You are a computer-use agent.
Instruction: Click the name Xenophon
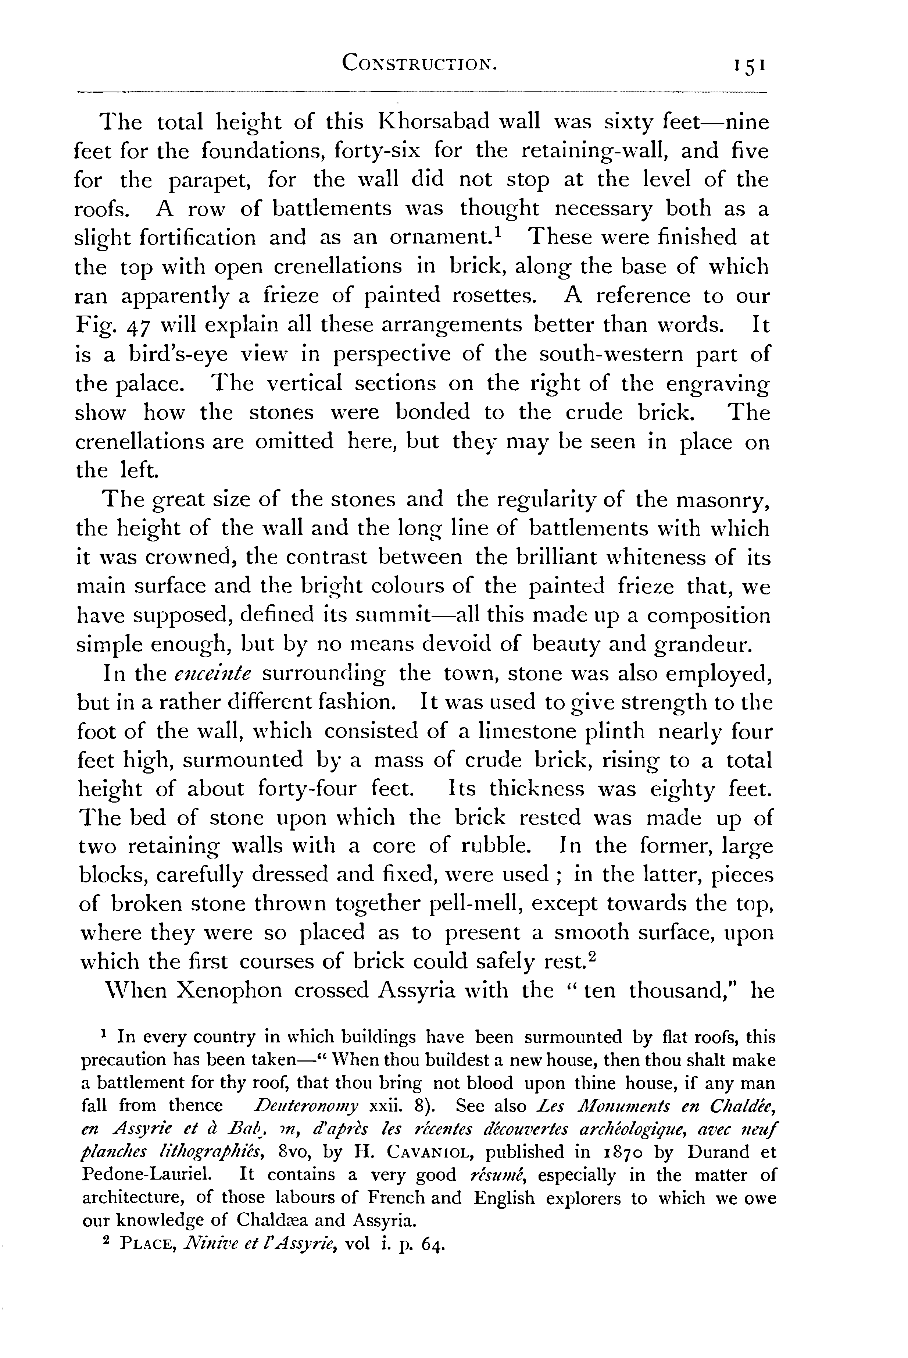coord(228,990)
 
